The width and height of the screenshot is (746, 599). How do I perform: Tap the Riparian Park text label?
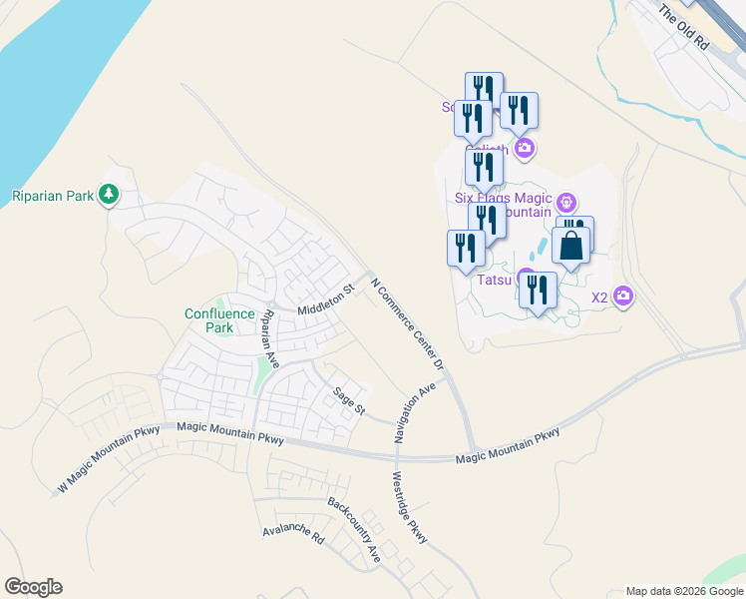tap(53, 196)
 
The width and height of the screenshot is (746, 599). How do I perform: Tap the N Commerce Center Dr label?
tap(407, 325)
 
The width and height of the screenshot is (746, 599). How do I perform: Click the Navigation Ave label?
tap(416, 411)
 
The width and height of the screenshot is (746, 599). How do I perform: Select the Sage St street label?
tap(350, 400)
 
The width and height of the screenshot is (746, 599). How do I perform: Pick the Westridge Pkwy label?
tap(410, 507)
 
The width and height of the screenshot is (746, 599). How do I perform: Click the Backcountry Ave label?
tap(354, 531)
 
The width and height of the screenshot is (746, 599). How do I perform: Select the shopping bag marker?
tap(570, 246)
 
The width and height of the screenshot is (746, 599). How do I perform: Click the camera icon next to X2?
tap(624, 296)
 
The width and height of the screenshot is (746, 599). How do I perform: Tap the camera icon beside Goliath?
tap(525, 149)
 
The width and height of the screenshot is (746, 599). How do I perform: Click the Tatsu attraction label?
tap(495, 280)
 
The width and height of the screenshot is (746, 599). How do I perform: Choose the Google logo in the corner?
tap(33, 587)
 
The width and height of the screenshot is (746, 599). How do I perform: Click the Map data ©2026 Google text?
tap(684, 591)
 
